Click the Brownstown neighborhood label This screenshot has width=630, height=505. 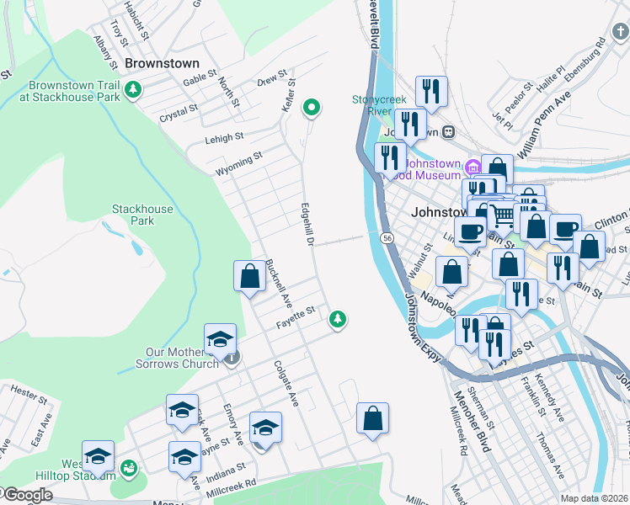coord(162,63)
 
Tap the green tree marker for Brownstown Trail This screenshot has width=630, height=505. coord(132,89)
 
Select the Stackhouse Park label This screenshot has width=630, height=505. coord(142,215)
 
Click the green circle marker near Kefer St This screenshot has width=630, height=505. coord(312,107)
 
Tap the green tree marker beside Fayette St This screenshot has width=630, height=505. coord(338,318)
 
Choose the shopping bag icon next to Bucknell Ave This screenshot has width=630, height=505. coord(249,276)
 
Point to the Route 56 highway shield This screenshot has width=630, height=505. coord(387,239)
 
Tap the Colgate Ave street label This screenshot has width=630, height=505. coord(286,384)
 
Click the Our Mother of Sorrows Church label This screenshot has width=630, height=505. coord(170,358)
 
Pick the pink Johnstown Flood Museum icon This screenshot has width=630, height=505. coord(472,165)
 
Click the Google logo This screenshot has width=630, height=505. coord(27,495)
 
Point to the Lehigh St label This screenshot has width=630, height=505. coord(224,136)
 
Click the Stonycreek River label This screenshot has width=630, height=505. coord(372,104)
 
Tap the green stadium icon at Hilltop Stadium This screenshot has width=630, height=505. coord(129,467)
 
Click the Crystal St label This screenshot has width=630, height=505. coord(178,109)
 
